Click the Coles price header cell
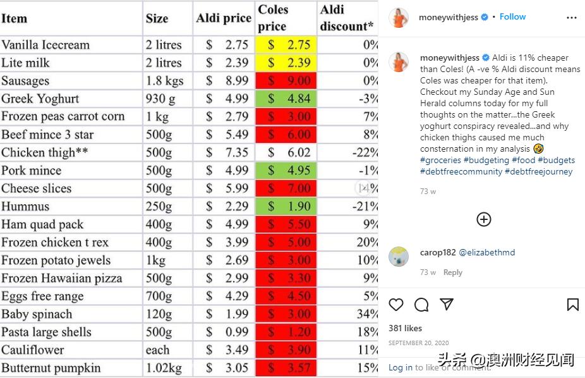click(x=285, y=18)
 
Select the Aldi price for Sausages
click(x=227, y=81)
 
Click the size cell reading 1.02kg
click(x=164, y=368)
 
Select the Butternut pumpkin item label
click(x=51, y=368)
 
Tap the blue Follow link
click(x=512, y=17)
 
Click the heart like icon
click(x=396, y=305)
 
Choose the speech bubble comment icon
click(x=421, y=305)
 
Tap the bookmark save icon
click(x=572, y=305)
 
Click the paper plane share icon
click(x=447, y=304)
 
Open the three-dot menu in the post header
click(x=572, y=18)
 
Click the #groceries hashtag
click(x=440, y=161)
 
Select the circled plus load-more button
click(x=483, y=219)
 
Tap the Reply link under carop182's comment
click(x=452, y=272)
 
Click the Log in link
click(x=400, y=367)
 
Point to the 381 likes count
click(x=405, y=328)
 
